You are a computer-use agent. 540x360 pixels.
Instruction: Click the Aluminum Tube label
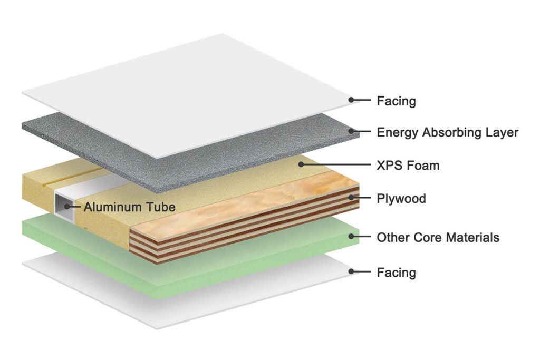coord(129,207)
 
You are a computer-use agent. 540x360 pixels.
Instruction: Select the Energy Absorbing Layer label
coord(447,132)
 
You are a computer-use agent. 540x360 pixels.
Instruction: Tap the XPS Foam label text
coord(408,166)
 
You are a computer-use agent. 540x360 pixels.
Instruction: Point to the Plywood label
coord(401,199)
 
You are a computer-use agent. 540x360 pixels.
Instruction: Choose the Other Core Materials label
coord(438,238)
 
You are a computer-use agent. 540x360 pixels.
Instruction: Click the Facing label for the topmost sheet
coord(396,100)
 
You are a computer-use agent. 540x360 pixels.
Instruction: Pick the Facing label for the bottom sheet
coord(396,273)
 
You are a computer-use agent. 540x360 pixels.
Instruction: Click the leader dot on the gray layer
coord(352,132)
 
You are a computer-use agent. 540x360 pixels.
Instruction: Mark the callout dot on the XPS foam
coord(302,165)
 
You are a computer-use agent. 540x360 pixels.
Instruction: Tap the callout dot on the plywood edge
coord(352,199)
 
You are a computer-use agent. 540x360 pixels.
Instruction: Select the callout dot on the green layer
coord(352,238)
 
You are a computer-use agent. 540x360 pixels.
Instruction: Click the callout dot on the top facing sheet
coord(352,100)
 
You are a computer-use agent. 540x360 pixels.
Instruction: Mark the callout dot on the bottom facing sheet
coord(352,272)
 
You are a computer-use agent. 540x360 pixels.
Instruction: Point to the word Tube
coord(162,207)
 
